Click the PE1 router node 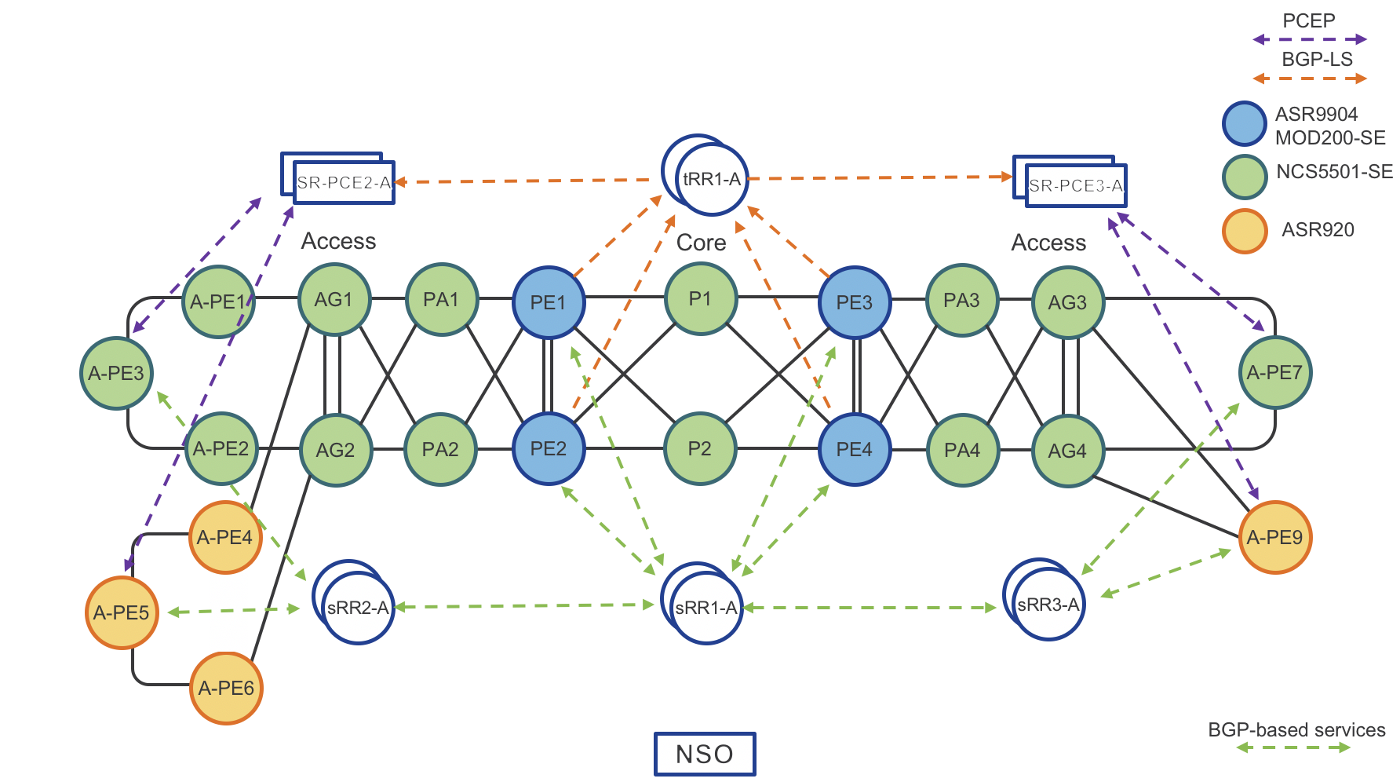click(x=549, y=302)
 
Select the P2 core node click(x=700, y=449)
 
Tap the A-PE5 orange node click(x=122, y=612)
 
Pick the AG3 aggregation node click(x=1067, y=302)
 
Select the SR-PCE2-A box click(x=344, y=183)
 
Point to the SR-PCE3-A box click(x=1075, y=186)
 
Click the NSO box click(x=705, y=755)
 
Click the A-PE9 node click(x=1275, y=538)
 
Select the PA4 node click(x=962, y=450)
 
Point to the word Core click(x=701, y=243)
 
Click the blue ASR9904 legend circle click(x=1244, y=124)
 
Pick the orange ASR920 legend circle click(x=1244, y=231)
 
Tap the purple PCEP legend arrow click(x=1310, y=39)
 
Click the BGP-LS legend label click(x=1317, y=60)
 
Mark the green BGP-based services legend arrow click(x=1293, y=747)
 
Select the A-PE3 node click(x=116, y=373)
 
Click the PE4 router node click(x=855, y=450)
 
